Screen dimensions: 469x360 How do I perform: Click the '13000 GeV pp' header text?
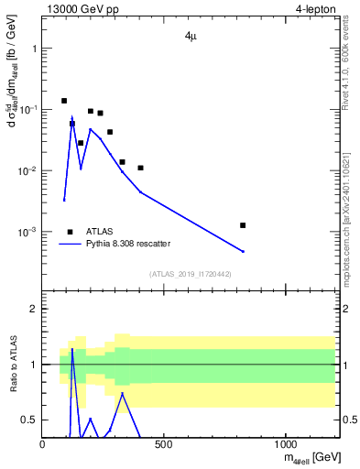(82, 9)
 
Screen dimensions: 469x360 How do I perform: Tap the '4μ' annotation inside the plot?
(188, 38)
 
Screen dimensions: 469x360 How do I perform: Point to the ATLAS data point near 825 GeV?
(243, 224)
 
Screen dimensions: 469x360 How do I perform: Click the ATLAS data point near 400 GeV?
(140, 168)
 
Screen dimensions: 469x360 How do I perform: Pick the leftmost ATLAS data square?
(64, 101)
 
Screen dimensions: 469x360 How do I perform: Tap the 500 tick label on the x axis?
(164, 445)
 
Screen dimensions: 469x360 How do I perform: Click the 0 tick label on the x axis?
(43, 445)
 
